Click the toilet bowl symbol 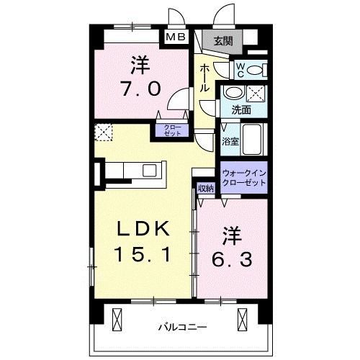tap(261, 70)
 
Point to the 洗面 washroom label tap(240, 109)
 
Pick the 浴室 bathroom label tap(230, 142)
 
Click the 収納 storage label tap(205, 189)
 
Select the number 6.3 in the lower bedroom tap(230, 257)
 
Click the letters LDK tap(143, 229)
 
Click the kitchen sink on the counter tap(150, 170)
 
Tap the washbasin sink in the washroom tap(232, 92)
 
